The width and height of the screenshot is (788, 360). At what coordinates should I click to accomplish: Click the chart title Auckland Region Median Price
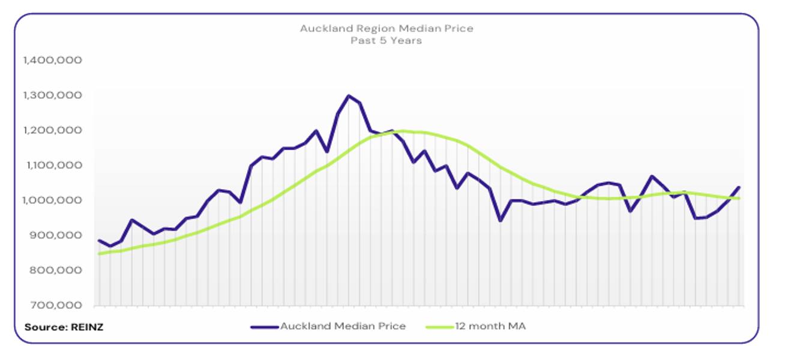tap(386, 28)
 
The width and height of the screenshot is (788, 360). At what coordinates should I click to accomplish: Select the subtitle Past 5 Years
tap(386, 40)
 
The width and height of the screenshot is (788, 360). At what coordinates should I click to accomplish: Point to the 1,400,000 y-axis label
tap(52, 60)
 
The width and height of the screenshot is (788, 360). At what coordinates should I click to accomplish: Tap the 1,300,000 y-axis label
tap(52, 95)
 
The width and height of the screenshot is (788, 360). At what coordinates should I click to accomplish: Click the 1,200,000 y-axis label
tap(52, 130)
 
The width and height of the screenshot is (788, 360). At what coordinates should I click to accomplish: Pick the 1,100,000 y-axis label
tap(52, 165)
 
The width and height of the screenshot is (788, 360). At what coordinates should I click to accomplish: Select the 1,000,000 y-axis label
tap(52, 200)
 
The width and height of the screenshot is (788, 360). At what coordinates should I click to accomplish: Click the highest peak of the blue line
tap(349, 95)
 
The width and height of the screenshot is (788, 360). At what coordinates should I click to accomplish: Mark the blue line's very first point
tap(99, 241)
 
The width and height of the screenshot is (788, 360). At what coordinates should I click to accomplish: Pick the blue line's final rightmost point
tap(739, 187)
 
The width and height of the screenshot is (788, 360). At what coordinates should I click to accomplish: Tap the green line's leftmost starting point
tap(99, 254)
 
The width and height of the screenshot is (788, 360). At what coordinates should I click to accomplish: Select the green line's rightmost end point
tap(739, 198)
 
